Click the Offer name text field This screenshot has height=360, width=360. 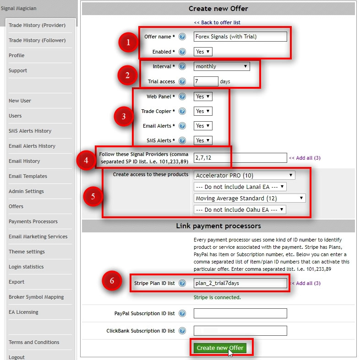[x=240, y=37]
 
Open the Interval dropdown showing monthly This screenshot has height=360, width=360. [x=221, y=66]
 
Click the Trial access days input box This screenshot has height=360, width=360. [x=206, y=81]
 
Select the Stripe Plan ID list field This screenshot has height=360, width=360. [x=240, y=283]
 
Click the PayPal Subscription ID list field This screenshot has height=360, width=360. [x=240, y=313]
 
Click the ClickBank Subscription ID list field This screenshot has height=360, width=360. [x=240, y=331]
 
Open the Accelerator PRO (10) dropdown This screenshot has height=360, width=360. [x=244, y=175]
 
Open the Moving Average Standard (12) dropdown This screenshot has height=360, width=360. [x=249, y=199]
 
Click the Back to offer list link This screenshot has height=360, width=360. [x=217, y=22]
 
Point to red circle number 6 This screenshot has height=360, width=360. [x=112, y=281]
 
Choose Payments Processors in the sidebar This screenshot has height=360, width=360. [x=33, y=221]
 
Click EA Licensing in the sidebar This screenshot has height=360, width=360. [x=23, y=312]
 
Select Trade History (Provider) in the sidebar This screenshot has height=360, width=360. [x=37, y=25]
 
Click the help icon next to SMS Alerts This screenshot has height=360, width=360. [x=182, y=140]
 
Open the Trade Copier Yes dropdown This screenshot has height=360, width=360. [x=203, y=111]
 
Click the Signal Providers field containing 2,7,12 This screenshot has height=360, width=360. [x=240, y=158]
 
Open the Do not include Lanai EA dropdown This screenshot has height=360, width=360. [x=240, y=187]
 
